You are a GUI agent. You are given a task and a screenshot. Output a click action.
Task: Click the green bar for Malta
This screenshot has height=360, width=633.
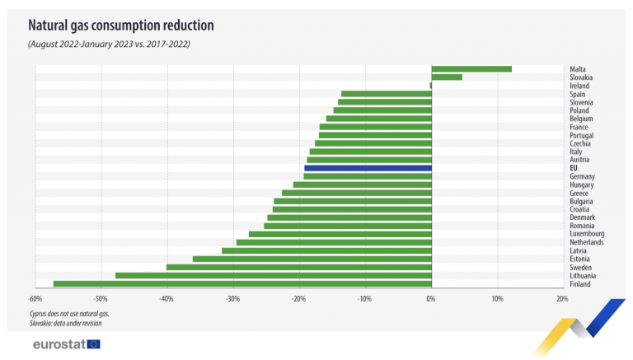coord(471,69)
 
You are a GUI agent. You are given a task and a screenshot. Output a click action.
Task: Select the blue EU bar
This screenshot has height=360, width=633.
coord(368,168)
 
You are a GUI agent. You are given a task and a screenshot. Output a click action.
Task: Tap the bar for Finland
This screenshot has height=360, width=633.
coord(242,283)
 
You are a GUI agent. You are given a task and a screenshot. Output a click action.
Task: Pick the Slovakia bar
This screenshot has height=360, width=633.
coord(447,77)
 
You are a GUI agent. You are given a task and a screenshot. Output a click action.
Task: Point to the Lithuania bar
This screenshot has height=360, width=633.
coord(274,276)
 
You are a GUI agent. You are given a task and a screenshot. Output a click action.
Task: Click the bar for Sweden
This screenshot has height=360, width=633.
coord(299,267)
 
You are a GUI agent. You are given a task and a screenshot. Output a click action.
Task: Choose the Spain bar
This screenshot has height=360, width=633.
coord(387,94)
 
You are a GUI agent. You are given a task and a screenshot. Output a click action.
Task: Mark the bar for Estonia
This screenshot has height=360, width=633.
coord(312,259)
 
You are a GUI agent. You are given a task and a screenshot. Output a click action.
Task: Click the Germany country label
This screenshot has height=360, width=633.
coord(582,176)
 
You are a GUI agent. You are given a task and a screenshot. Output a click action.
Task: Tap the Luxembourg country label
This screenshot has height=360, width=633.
coord(587,234)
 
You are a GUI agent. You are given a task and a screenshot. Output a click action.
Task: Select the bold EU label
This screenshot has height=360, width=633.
coord(574,168)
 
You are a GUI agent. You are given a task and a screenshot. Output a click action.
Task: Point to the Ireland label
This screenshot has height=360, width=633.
coord(579,86)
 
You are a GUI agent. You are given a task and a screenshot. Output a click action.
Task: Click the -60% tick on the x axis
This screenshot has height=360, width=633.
coord(35,299)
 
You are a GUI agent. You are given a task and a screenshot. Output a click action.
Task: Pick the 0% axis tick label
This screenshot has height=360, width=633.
coord(431,299)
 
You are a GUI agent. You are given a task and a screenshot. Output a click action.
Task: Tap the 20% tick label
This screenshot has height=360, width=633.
coord(562,299)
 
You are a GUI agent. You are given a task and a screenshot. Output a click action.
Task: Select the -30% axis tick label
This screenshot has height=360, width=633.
coord(233,299)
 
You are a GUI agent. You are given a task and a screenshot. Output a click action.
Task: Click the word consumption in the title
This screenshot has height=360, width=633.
coord(125,26)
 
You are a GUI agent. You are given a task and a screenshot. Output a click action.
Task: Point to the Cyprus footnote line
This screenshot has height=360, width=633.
coord(69,314)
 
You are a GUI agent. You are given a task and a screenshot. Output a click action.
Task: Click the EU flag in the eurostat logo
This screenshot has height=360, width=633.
coord(94,344)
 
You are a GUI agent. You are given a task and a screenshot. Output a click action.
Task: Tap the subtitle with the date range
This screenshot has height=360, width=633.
coord(109,44)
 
